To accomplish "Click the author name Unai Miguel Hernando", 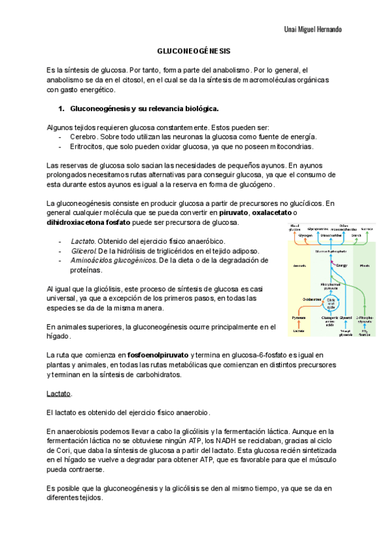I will point(313,30).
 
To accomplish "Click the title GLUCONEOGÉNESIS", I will point(194,51).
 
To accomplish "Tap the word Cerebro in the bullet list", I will point(84,136).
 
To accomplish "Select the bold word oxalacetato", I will point(272,213).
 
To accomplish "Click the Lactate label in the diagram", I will point(298,331).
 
